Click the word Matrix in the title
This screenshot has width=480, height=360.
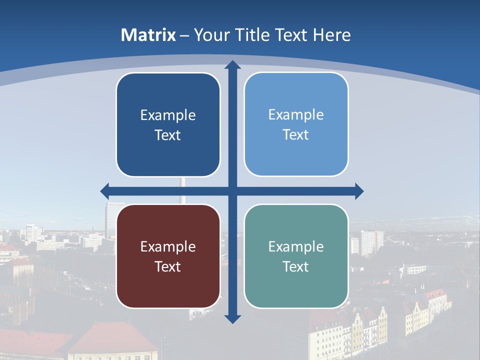point(148,35)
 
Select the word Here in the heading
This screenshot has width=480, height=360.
point(332,35)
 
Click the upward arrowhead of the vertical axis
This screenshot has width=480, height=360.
point(232,65)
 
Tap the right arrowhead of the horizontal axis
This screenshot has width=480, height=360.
point(359,191)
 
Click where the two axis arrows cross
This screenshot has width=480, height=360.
point(232,191)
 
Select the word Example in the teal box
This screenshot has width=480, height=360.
point(296,246)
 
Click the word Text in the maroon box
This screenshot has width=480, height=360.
point(168,266)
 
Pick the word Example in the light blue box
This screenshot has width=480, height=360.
point(296,114)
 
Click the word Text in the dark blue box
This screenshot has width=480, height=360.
point(168,135)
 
